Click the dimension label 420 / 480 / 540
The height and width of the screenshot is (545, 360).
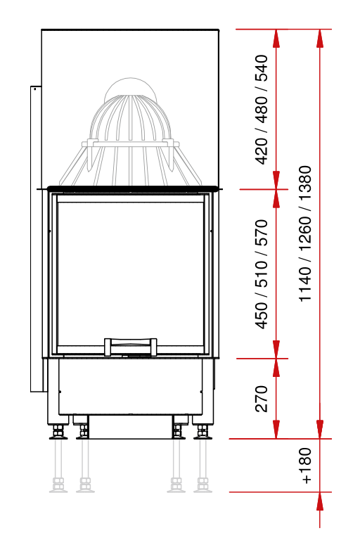pos(262,110)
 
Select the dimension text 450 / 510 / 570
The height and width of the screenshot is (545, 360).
pos(262,274)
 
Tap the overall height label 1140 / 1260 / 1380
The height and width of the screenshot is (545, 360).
pos(305,233)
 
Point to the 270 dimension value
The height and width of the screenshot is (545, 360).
pos(262,398)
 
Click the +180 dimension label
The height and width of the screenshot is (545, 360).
pos(307,466)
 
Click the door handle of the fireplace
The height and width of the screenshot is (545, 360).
pos(131,347)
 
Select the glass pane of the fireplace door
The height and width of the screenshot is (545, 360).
pos(130,274)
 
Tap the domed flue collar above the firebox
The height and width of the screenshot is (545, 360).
pos(131,132)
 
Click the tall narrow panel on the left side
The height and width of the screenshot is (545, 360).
pos(36,239)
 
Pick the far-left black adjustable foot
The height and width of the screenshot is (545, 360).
pos(58,432)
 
